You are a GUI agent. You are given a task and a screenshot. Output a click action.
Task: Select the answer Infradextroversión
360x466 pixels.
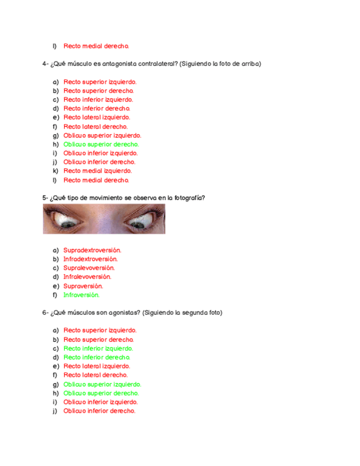[x=90, y=259]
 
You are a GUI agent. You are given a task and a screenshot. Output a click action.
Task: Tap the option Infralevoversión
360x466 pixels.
[x=87, y=276]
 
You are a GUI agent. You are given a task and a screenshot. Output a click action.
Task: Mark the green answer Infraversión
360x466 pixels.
[x=81, y=295]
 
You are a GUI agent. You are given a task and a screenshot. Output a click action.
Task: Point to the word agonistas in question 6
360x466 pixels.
[x=124, y=313]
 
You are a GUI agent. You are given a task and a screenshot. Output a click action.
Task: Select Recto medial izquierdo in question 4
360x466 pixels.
[x=93, y=171]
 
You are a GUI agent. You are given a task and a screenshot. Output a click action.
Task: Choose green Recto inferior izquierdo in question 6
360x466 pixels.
[x=98, y=348]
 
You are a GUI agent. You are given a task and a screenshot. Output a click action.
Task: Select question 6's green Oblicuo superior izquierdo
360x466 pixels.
[x=102, y=384]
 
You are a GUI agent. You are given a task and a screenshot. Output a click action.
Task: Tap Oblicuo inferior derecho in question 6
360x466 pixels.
[x=99, y=411]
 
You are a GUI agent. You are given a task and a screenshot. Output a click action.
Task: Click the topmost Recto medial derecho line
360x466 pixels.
[x=96, y=46]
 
